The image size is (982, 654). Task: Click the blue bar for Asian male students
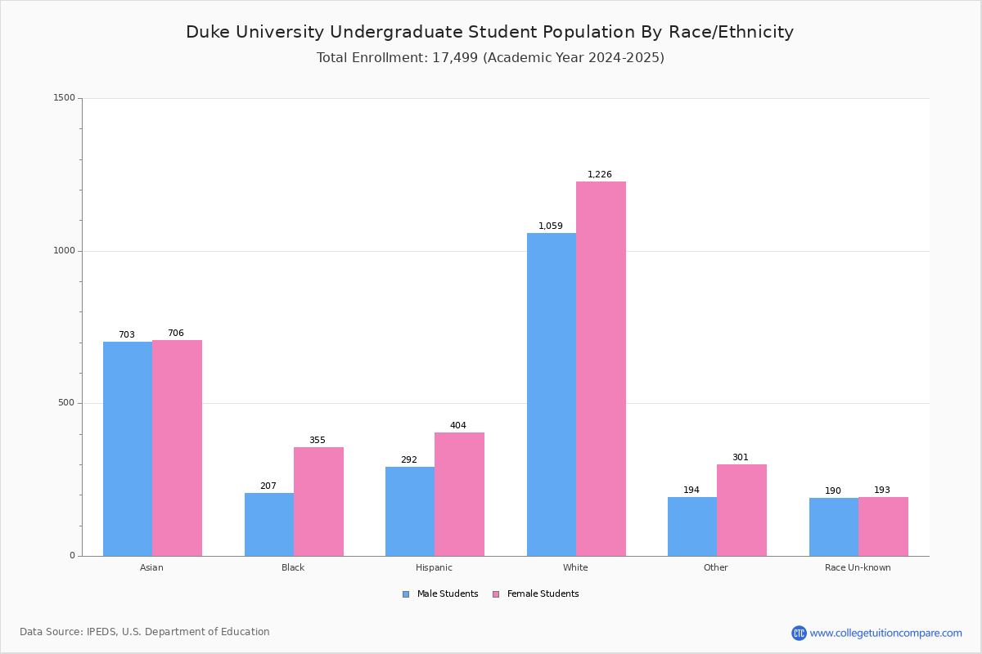click(x=128, y=449)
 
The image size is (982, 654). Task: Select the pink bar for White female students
click(x=601, y=369)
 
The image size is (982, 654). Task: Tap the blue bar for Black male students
click(x=269, y=524)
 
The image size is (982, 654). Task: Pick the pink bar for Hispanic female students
click(x=459, y=494)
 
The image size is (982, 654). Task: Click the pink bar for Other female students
click(x=741, y=510)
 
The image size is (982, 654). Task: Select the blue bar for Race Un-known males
click(x=834, y=526)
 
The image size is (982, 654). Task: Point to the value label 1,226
click(x=600, y=174)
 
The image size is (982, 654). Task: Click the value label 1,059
click(x=551, y=226)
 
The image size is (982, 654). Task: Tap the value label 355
click(x=318, y=440)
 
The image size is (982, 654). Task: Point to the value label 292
click(x=409, y=459)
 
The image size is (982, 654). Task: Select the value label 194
click(x=691, y=490)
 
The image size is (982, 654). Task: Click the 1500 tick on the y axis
click(x=65, y=98)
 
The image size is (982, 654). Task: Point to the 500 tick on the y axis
click(x=67, y=403)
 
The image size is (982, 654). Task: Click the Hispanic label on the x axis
click(x=434, y=567)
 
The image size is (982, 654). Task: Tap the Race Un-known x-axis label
click(x=858, y=567)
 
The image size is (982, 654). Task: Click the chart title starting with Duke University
click(x=489, y=32)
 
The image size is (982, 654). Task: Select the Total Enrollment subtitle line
click(x=490, y=57)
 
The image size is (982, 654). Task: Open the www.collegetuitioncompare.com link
click(x=885, y=633)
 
